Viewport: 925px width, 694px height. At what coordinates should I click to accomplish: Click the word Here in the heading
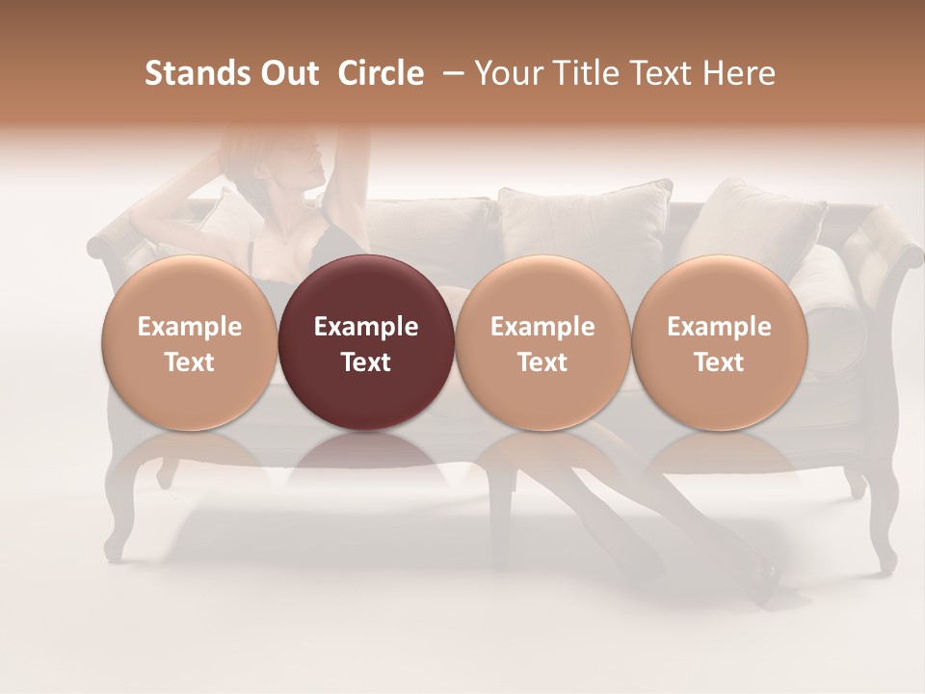[738, 73]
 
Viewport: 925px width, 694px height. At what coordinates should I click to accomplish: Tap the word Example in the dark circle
[366, 327]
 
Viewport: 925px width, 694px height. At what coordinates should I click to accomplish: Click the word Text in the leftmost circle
[190, 362]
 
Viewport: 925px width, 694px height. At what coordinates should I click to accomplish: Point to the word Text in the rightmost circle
[720, 362]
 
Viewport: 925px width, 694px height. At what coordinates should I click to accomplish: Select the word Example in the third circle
[542, 327]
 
